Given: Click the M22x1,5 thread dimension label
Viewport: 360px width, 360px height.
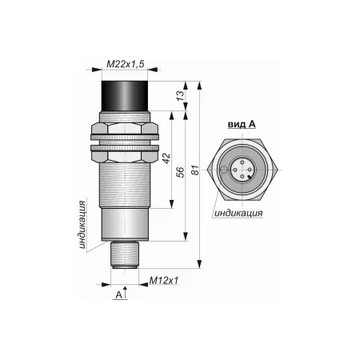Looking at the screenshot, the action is (x=126, y=64).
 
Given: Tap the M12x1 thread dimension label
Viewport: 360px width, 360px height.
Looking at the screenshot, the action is (x=164, y=280).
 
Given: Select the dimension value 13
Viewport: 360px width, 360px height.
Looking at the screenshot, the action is (x=180, y=96).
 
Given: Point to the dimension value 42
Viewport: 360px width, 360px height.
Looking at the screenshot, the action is (x=166, y=158).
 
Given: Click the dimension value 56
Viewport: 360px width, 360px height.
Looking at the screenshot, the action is (x=181, y=172).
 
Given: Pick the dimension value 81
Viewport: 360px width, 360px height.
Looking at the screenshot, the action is (x=196, y=170).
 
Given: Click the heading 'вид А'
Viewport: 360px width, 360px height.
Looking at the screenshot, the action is (x=242, y=124).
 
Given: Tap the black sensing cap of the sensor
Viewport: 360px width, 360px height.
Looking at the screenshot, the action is (x=125, y=96).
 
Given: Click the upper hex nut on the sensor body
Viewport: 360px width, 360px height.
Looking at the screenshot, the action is (x=125, y=131).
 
